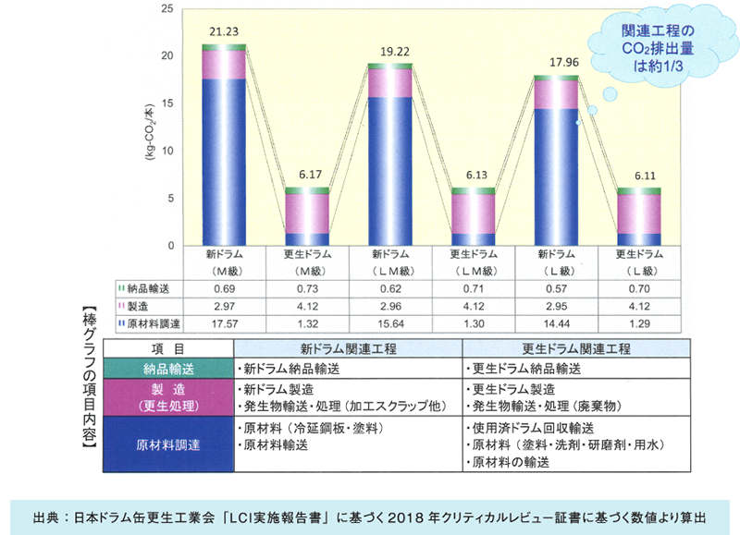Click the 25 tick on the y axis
click(167, 9)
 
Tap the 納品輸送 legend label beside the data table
click(148, 288)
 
